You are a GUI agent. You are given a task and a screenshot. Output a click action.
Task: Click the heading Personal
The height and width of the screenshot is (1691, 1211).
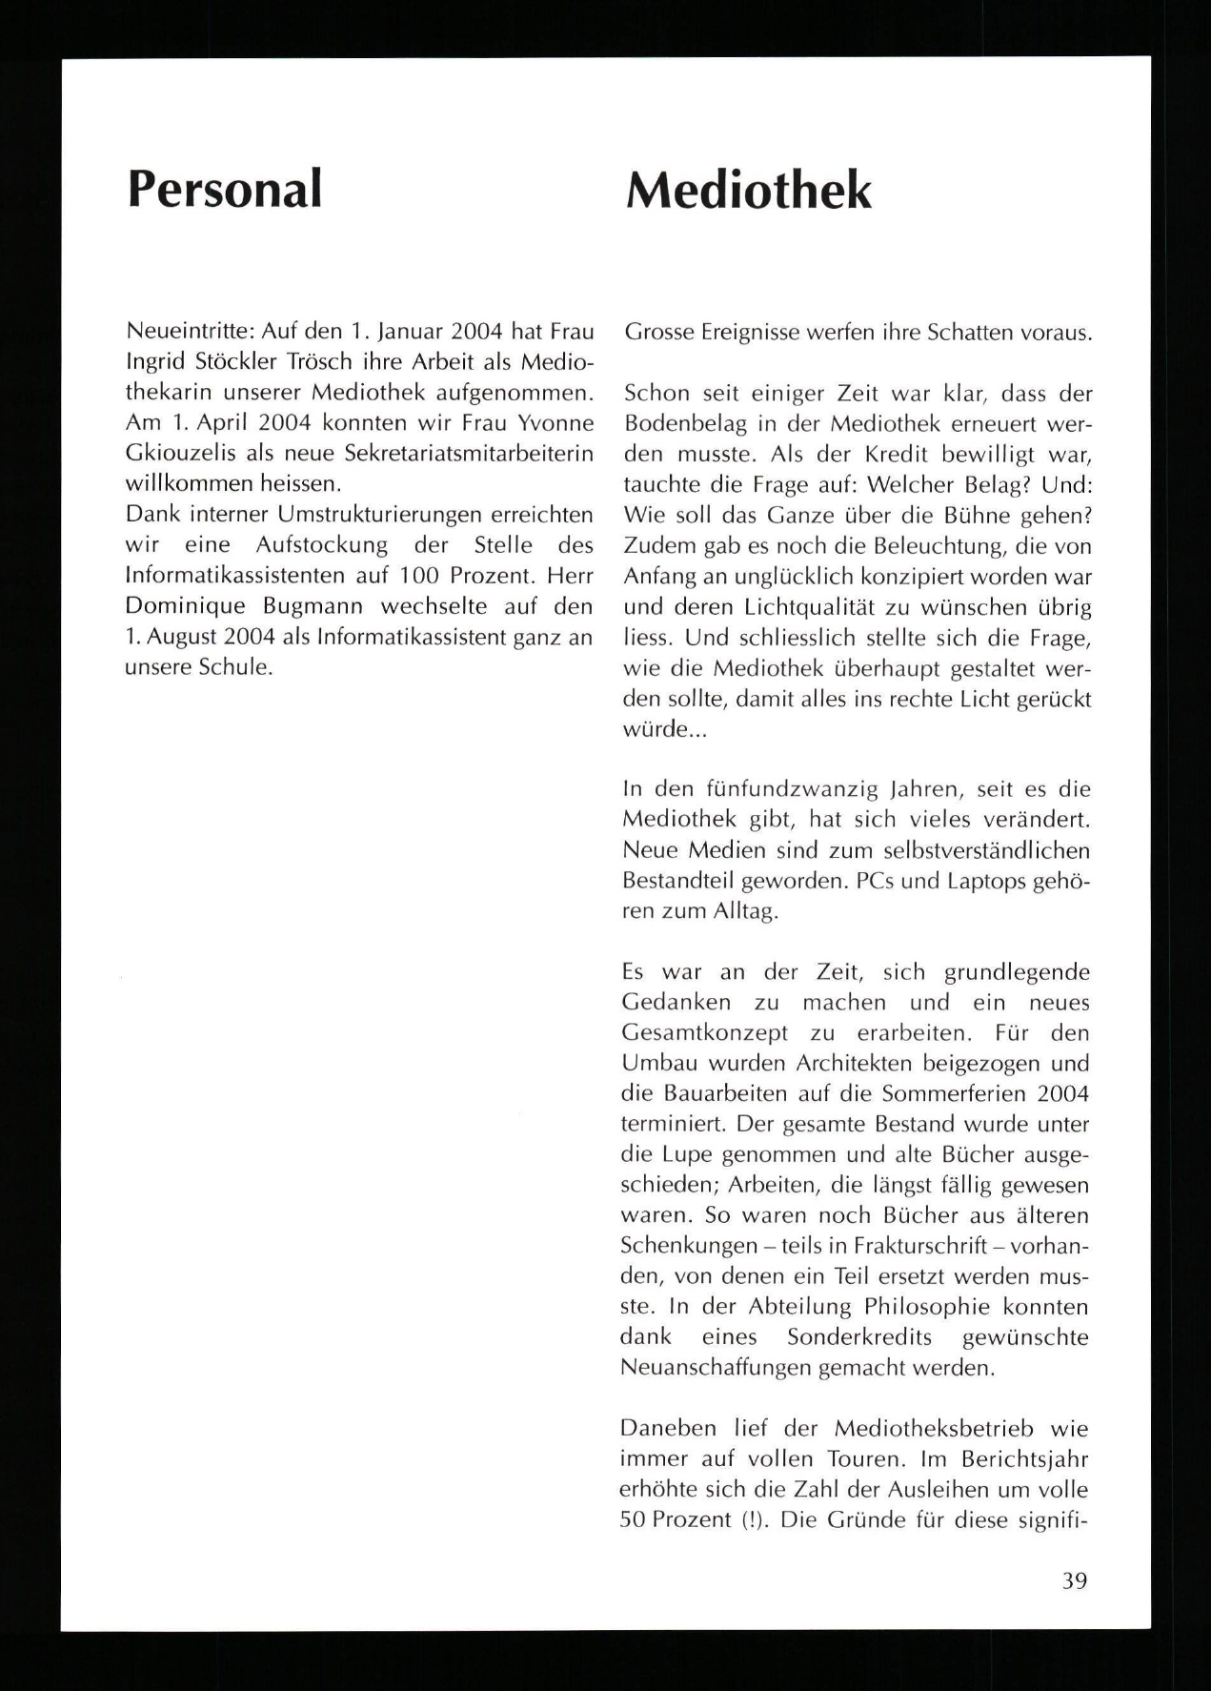point(225,188)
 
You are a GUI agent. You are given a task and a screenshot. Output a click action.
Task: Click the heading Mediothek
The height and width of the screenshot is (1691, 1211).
point(748,191)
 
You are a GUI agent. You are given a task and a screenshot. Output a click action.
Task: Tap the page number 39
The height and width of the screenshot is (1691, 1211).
point(1074,1580)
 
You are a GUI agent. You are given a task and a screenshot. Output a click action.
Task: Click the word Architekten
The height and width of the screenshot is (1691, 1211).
point(872,1063)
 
